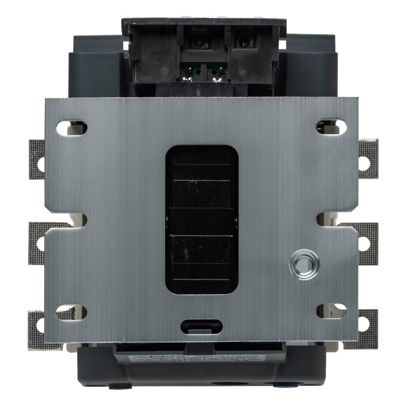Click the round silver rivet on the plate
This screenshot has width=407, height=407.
(x=304, y=265)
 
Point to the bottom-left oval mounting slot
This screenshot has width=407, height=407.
(x=71, y=312)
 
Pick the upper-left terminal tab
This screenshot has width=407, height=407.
(x=37, y=159)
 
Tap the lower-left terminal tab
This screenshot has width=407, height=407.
(x=37, y=329)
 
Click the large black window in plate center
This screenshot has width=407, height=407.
(x=202, y=219)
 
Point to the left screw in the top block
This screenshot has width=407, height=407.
(x=199, y=44)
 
